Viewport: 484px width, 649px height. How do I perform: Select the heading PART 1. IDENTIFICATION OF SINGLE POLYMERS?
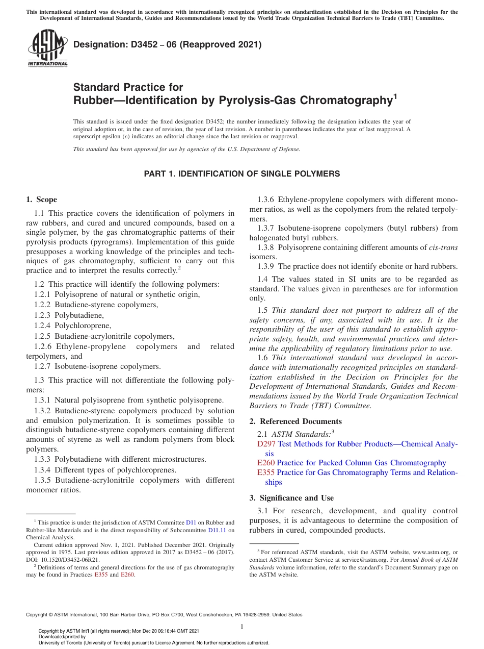[x=241, y=174]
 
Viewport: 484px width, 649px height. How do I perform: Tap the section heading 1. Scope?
[x=41, y=199]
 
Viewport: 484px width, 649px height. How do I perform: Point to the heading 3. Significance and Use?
[x=291, y=498]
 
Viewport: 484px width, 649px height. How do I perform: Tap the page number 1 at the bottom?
[x=242, y=627]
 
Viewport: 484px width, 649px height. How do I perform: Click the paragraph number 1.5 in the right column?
[x=263, y=310]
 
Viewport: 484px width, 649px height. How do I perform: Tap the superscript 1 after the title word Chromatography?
[x=394, y=95]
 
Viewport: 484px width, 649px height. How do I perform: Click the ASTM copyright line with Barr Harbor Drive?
[x=164, y=615]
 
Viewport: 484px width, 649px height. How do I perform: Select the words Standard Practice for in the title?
[x=128, y=87]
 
